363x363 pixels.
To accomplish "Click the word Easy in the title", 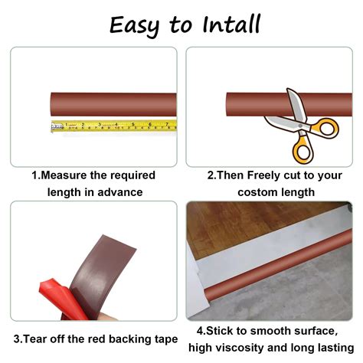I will (136, 25).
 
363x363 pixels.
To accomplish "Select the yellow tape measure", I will (115, 125).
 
